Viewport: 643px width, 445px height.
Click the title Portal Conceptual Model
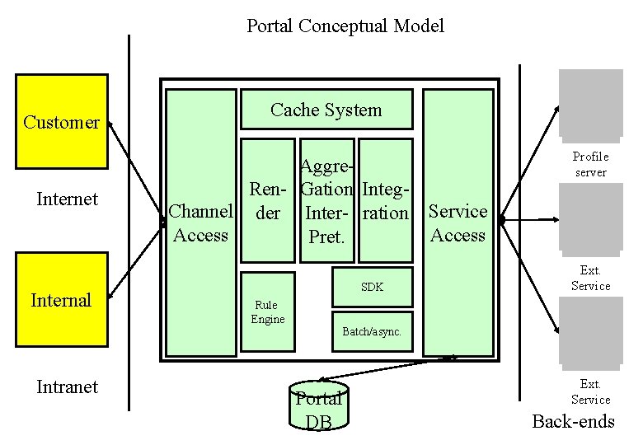[x=345, y=26]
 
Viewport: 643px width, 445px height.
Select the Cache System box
[x=326, y=110]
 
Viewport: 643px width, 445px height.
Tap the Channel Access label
[x=200, y=223]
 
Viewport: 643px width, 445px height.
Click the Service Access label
[x=458, y=223]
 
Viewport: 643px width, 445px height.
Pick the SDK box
[x=372, y=288]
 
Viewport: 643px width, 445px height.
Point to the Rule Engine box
[x=268, y=312]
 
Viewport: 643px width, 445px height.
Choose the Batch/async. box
[x=371, y=331]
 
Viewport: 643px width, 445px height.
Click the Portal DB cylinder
[x=319, y=408]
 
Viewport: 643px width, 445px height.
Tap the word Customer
[x=61, y=123]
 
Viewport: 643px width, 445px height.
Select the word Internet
[x=68, y=199]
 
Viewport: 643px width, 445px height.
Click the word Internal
[x=61, y=300]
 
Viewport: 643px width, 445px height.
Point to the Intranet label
[x=68, y=386]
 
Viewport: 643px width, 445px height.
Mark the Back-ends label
[x=573, y=421]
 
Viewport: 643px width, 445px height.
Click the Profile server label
[x=590, y=165]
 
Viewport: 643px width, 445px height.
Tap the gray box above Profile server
[x=590, y=103]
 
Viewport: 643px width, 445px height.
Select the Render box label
[x=268, y=202]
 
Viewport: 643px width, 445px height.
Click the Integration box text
[x=386, y=202]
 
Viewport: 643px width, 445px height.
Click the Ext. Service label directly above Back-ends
[x=590, y=392]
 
